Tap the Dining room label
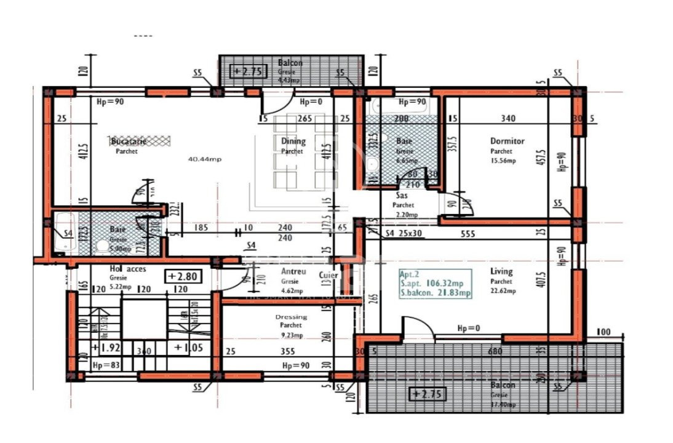click(293, 142)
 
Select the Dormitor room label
click(507, 141)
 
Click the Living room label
click(501, 271)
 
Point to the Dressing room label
click(291, 317)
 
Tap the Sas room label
click(400, 196)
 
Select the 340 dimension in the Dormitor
click(509, 119)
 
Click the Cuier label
click(329, 275)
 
